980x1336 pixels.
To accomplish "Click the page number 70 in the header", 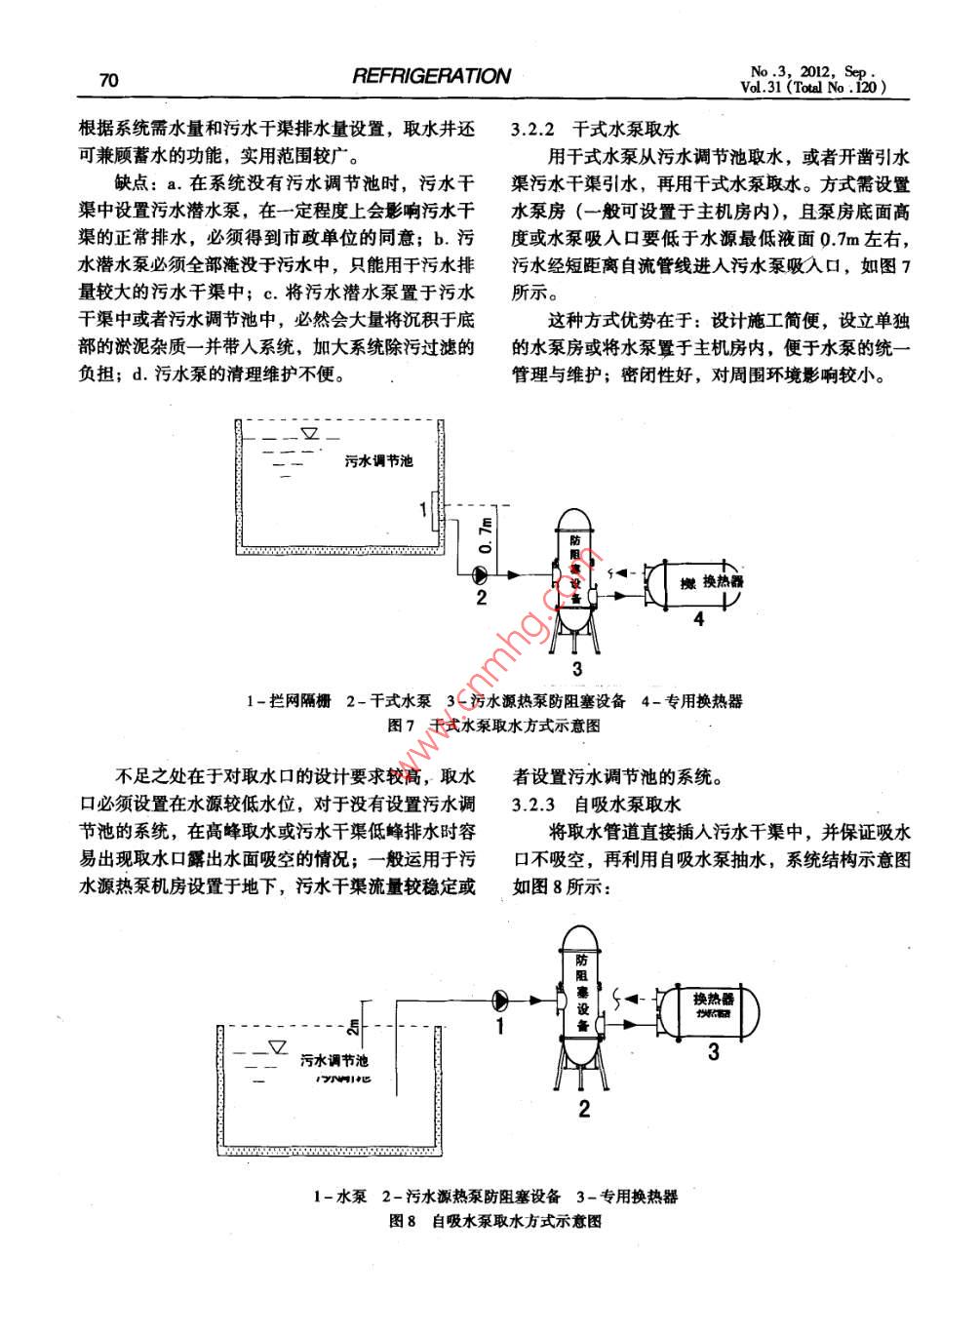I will click(108, 79).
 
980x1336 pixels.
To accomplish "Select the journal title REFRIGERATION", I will click(431, 76).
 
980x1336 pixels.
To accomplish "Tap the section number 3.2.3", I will click(533, 805).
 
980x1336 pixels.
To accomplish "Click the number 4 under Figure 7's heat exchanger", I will click(698, 617).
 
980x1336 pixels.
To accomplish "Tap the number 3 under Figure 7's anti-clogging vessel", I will click(576, 668).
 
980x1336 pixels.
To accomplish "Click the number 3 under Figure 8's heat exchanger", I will click(713, 1051).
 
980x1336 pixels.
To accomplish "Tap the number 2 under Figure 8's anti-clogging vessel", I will click(584, 1108).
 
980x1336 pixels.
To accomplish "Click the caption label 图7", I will click(402, 726).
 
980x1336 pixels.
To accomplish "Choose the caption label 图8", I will click(403, 1220).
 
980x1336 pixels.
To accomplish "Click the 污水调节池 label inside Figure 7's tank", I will click(378, 460).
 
